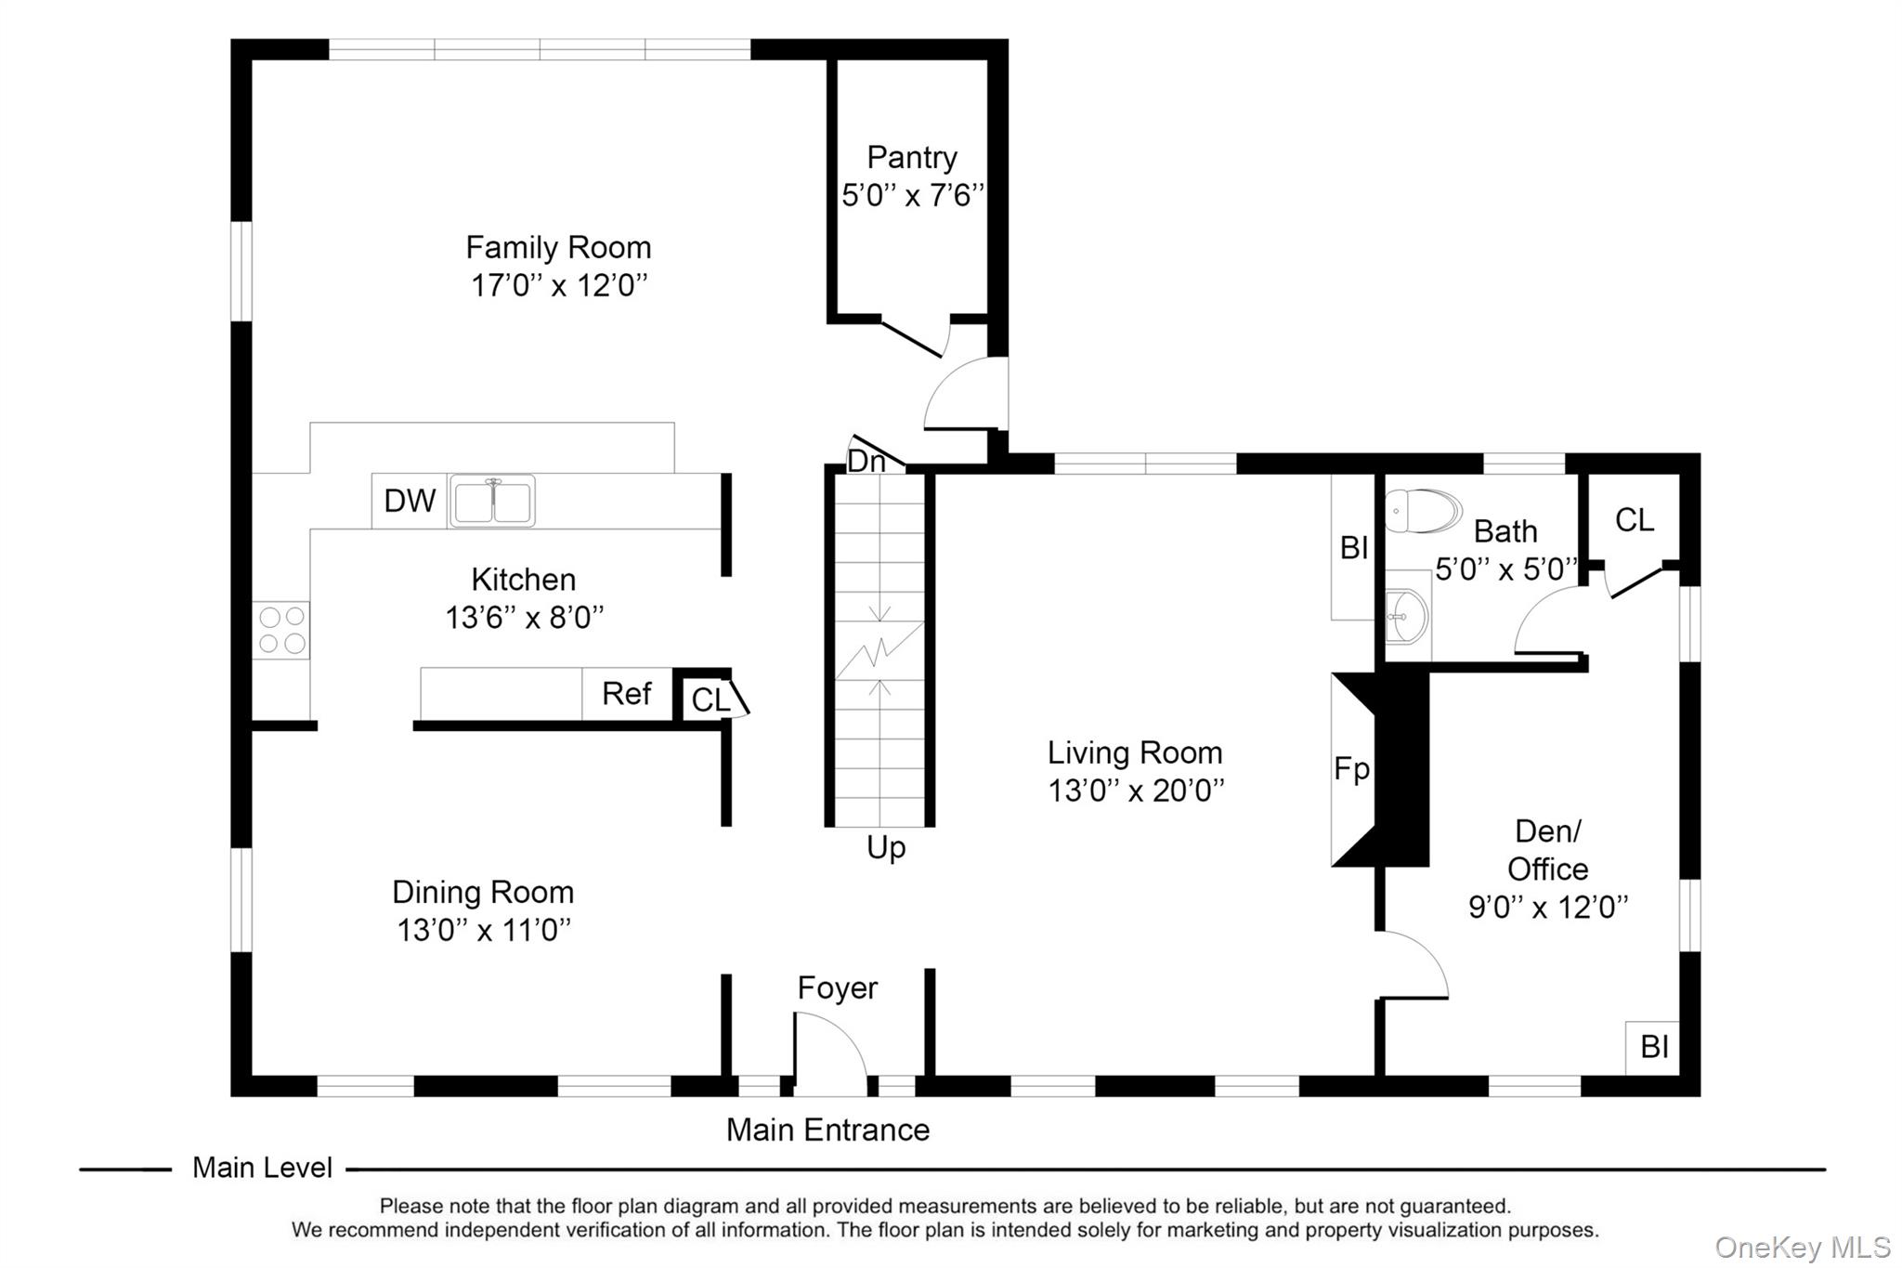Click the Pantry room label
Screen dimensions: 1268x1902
[911, 158]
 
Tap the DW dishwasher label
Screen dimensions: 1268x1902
[410, 501]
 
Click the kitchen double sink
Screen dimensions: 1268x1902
[491, 501]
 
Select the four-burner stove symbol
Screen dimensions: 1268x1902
[281, 630]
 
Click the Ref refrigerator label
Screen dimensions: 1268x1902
[626, 693]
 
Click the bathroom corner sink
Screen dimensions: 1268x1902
[1407, 616]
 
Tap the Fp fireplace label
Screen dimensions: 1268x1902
[1351, 769]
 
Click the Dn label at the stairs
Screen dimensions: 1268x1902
[866, 461]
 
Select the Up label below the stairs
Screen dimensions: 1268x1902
[885, 847]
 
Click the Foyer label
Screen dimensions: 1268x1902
[837, 987]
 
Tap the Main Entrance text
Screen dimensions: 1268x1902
[827, 1130]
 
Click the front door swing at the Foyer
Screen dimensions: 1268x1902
[829, 1050]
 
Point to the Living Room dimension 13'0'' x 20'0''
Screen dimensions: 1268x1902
[1136, 791]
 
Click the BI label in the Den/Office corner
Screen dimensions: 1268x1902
[1654, 1047]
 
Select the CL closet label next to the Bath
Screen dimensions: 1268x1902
[1634, 520]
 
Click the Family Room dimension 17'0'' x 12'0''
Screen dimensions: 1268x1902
[558, 285]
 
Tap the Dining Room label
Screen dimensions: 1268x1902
[483, 892]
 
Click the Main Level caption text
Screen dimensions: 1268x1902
[262, 1168]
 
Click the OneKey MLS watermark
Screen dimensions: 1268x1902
[1802, 1247]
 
